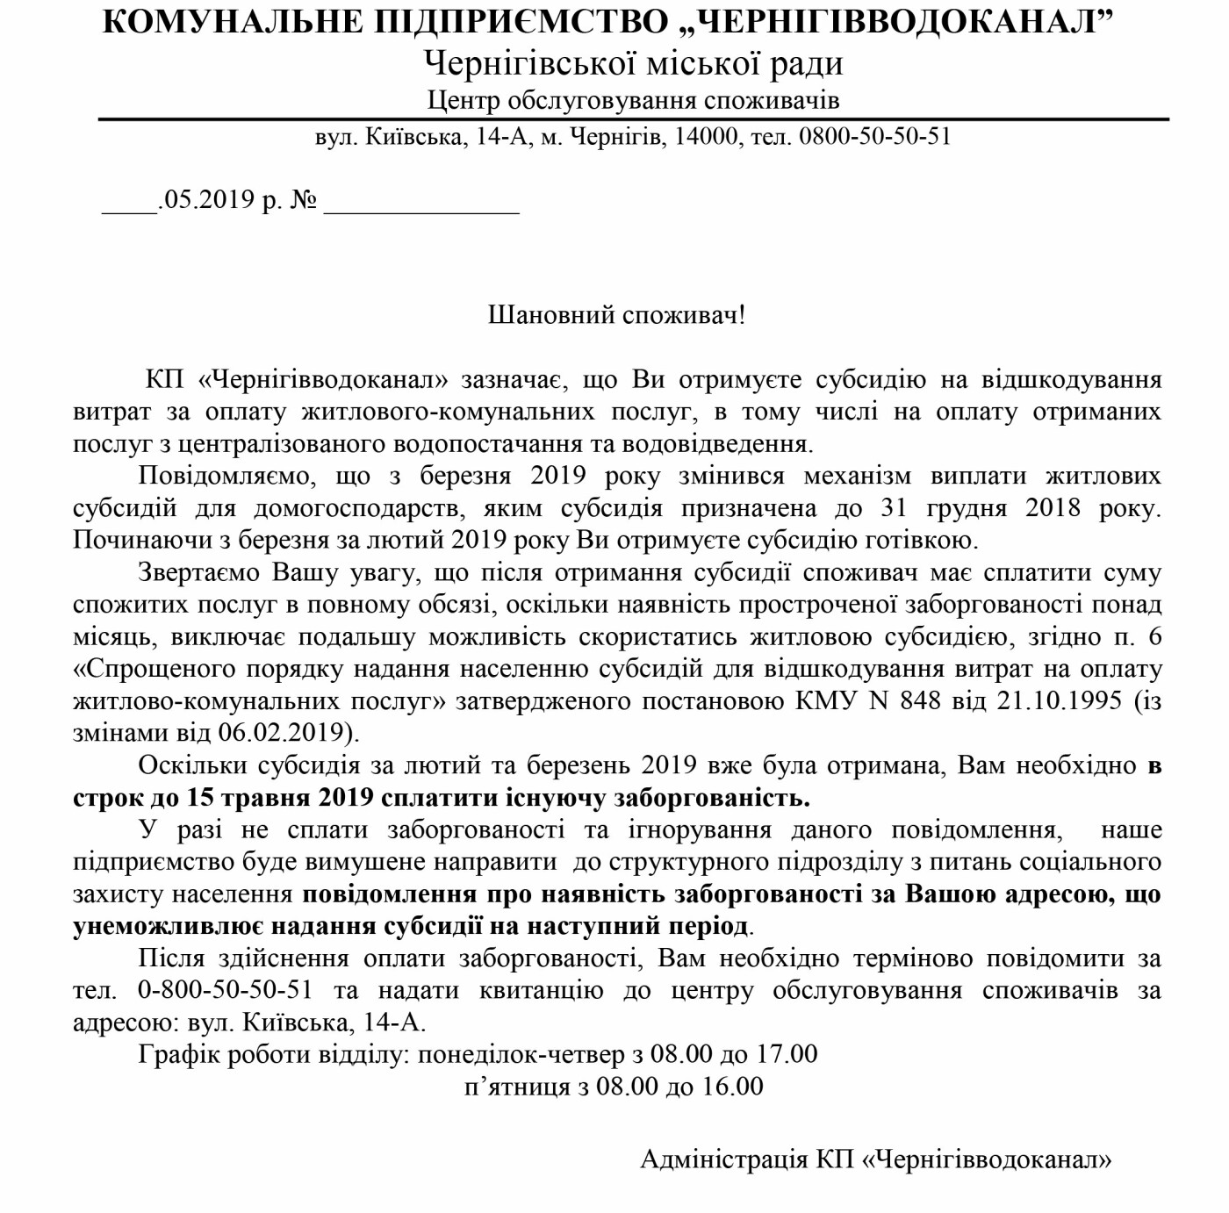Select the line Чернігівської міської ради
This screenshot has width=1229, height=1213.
[x=633, y=63]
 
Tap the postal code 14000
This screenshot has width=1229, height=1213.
[x=706, y=137]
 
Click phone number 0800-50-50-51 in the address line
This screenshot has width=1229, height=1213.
[x=874, y=137]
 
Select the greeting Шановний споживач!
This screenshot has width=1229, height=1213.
[x=616, y=314]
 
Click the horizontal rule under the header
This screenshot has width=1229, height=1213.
[x=633, y=118]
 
